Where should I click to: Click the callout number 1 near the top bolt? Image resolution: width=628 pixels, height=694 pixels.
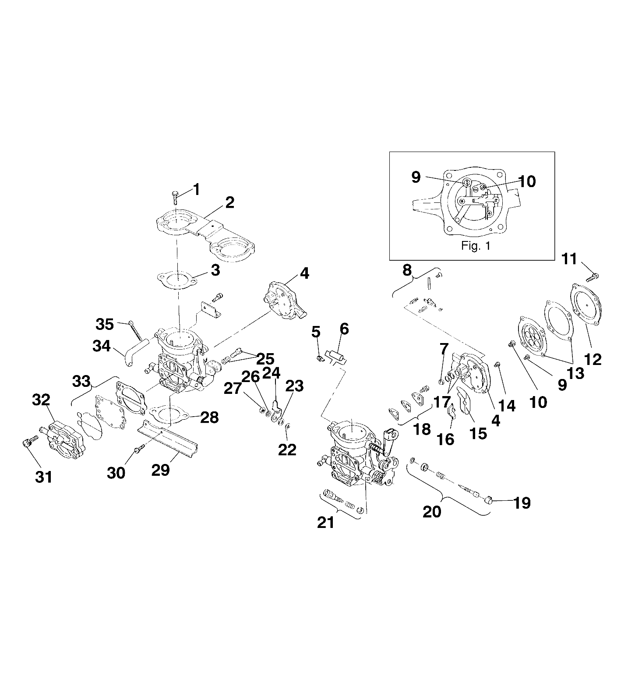click(197, 189)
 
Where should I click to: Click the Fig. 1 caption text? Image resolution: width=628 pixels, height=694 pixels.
click(476, 246)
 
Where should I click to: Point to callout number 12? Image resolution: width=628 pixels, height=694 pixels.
click(593, 359)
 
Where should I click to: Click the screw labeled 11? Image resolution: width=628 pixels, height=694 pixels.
click(592, 276)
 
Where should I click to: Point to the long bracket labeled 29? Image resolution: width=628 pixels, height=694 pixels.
click(169, 443)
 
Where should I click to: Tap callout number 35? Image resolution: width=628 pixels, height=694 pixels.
click(105, 325)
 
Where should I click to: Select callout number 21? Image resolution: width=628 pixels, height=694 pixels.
click(325, 522)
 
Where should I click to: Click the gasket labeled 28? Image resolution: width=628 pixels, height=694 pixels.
click(169, 414)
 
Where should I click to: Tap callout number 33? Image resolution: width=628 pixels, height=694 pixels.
click(80, 381)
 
